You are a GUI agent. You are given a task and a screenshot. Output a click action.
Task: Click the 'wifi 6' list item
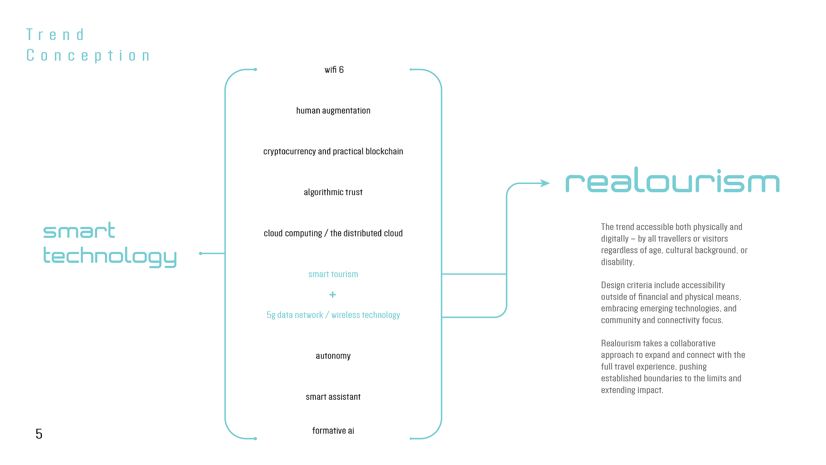[334, 70]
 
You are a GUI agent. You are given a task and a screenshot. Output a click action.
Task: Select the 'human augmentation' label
[333, 111]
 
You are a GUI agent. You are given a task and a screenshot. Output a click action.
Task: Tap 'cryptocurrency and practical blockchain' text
[333, 152]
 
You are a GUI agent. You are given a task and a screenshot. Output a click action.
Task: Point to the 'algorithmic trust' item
[333, 192]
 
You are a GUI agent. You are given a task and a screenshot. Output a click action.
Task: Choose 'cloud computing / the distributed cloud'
[333, 233]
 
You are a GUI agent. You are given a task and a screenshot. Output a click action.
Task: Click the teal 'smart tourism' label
[333, 274]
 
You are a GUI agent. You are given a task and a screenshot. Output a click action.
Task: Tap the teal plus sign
[333, 295]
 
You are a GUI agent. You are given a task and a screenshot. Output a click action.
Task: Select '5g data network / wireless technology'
[333, 315]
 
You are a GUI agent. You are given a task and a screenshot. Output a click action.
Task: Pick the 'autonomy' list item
[333, 356]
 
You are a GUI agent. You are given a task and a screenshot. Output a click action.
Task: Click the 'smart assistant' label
[333, 397]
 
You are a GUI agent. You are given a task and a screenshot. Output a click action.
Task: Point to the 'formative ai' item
[333, 430]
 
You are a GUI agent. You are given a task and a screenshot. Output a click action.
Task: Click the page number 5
[39, 434]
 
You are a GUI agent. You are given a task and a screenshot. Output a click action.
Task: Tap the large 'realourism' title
[673, 180]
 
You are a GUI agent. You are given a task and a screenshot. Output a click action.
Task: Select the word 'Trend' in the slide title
[55, 35]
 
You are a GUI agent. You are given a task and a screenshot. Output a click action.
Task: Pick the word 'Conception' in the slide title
[88, 56]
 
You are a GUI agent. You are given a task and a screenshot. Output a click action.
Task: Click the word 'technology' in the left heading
[110, 256]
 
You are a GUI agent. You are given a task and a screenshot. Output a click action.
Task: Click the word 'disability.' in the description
[618, 262]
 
